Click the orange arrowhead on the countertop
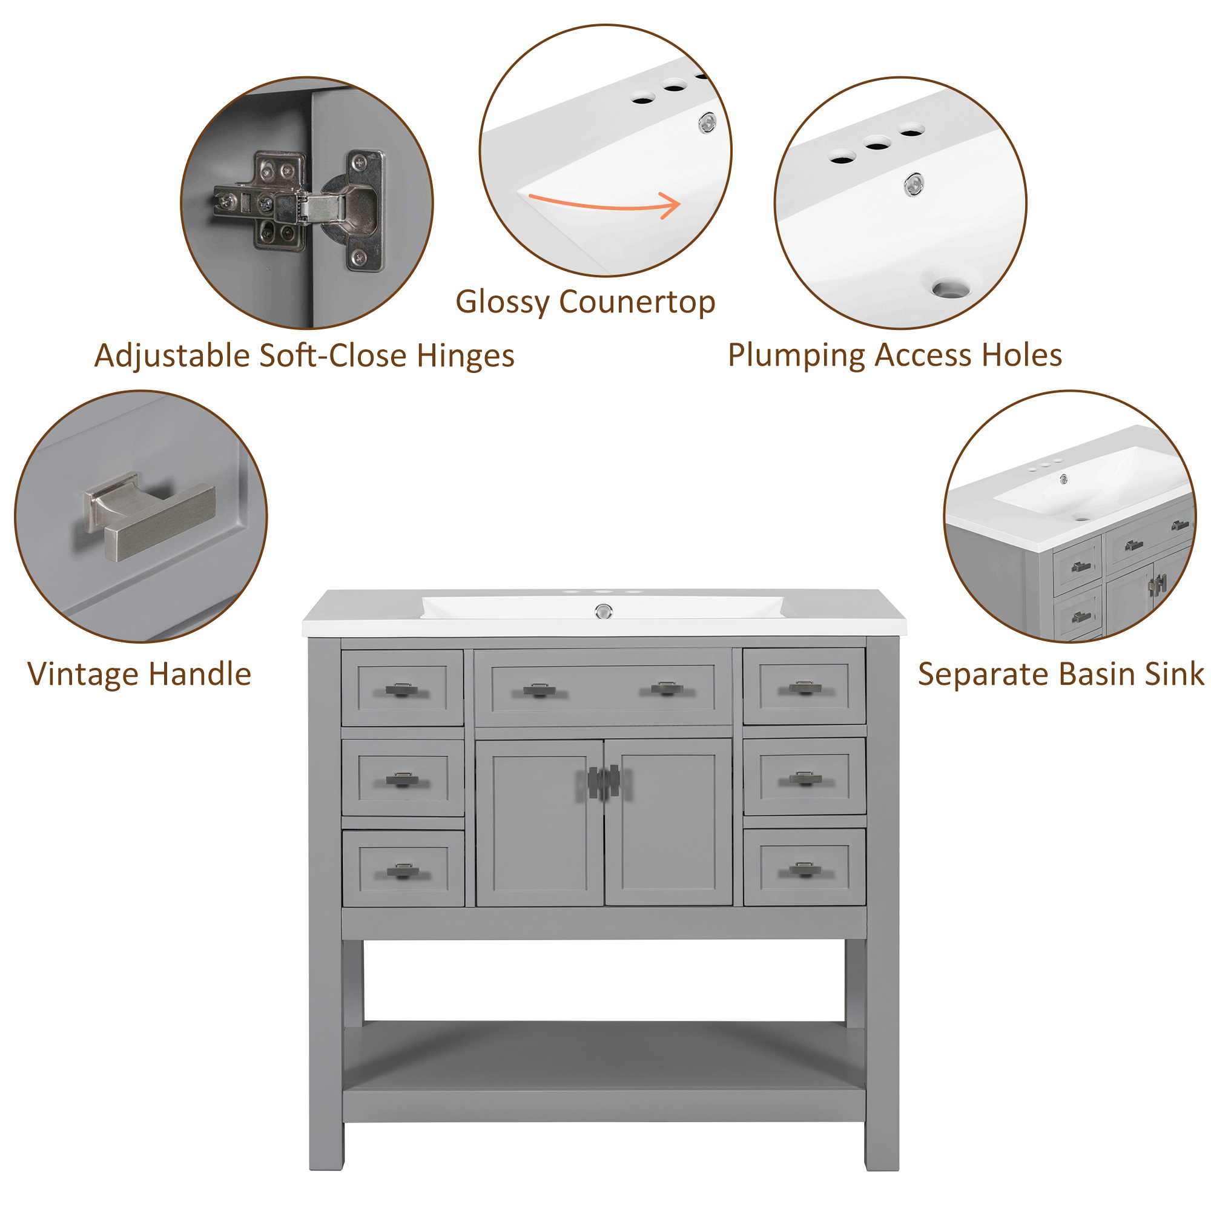673,206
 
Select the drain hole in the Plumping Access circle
950,289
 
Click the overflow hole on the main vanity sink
603,610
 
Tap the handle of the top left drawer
402,690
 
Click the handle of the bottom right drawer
805,869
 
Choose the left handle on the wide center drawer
540,690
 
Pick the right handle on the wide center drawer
667,689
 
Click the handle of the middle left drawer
403,780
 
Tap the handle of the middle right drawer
805,779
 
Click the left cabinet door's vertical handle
593,782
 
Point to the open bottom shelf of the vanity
604,1056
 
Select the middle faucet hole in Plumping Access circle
877,145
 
